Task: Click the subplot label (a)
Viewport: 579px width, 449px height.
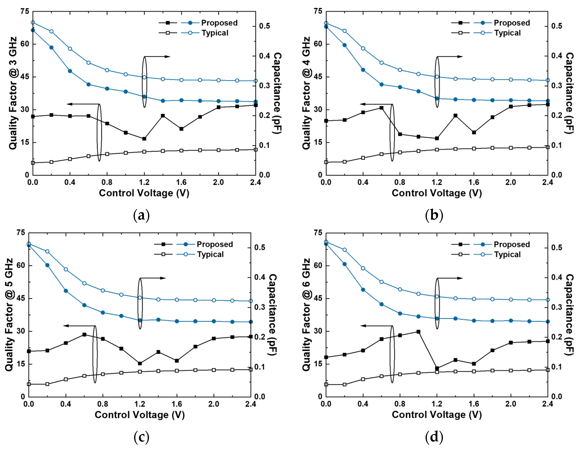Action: tap(141, 215)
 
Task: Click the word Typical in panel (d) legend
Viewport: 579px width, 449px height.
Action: tap(507, 255)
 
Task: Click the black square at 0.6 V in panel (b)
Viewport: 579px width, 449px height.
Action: tap(381, 108)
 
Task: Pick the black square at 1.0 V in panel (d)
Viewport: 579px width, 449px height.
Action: tap(419, 331)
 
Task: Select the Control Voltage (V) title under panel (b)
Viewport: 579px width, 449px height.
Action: tap(437, 193)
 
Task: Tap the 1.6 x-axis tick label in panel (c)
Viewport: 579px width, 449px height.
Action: tap(177, 404)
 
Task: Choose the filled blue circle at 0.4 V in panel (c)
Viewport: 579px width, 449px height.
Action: tap(66, 291)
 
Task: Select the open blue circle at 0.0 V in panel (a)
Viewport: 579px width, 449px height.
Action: tap(33, 23)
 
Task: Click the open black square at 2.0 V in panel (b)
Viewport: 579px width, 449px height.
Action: tap(511, 148)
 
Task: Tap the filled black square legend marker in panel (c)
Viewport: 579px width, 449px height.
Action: tap(163, 244)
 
